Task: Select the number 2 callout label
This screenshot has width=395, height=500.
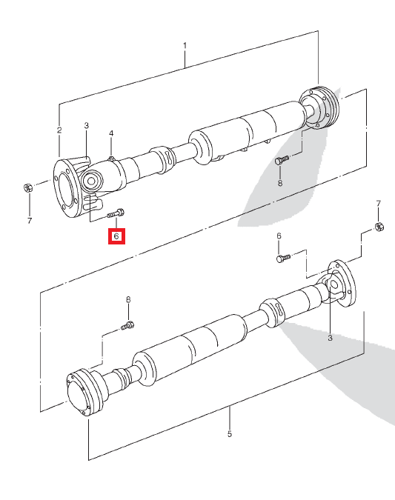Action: click(x=59, y=130)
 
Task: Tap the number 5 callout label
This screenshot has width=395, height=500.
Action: click(x=229, y=433)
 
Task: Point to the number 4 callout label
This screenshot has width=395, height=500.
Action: click(x=111, y=133)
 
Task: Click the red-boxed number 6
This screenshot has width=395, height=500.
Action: click(x=116, y=236)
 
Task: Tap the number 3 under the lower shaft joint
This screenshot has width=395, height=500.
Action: click(x=331, y=338)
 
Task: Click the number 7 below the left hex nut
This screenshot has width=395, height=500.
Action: click(x=30, y=220)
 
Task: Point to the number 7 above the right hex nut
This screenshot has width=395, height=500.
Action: click(x=378, y=203)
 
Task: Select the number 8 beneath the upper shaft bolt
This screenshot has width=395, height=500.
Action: click(x=280, y=183)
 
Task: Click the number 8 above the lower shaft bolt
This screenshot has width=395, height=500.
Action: click(x=127, y=299)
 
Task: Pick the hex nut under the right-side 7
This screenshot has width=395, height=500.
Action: click(x=378, y=226)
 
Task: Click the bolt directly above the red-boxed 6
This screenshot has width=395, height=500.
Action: click(x=116, y=213)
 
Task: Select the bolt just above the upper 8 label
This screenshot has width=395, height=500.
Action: click(x=282, y=159)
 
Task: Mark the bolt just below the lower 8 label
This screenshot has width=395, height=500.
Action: click(x=128, y=324)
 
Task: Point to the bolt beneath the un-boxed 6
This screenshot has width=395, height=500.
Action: click(x=282, y=259)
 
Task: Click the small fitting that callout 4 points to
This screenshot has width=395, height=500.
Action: click(x=110, y=158)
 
